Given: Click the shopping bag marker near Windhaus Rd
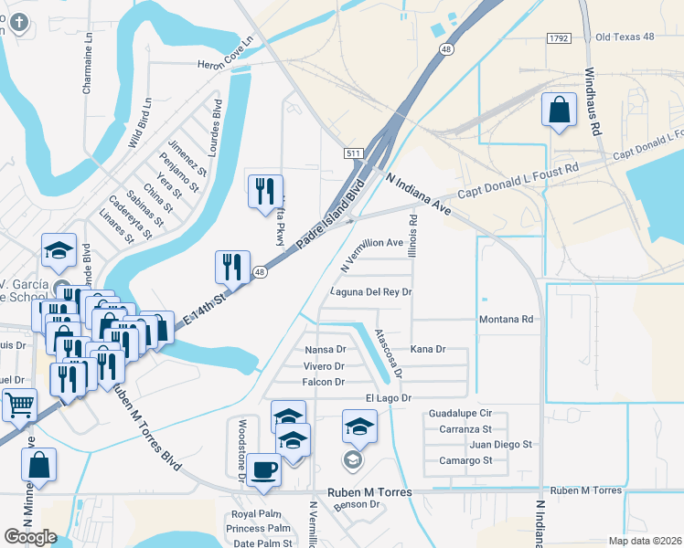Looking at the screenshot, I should [557, 111].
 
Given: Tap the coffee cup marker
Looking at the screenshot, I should [264, 470].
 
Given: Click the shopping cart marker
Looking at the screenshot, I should [19, 405].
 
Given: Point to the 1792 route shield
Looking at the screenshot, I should [560, 37].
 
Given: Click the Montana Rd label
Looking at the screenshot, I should [506, 320].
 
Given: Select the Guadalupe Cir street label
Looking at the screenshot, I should [460, 414].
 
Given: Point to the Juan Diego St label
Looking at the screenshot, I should [500, 445].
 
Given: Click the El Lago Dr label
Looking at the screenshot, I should [390, 398].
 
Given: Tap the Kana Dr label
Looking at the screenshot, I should [427, 350].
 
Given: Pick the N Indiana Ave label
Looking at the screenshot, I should [419, 194].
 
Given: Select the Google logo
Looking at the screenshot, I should [30, 537].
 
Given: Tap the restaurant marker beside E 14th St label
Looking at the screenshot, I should [229, 267].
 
